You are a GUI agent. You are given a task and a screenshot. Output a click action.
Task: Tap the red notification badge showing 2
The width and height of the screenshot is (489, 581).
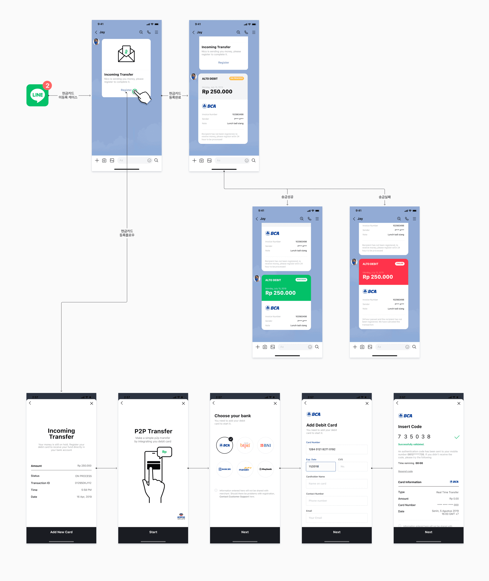(x=47, y=86)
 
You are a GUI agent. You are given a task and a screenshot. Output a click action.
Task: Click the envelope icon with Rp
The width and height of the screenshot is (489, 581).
(x=126, y=54)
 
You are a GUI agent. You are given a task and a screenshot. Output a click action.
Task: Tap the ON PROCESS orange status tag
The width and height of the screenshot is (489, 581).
(x=236, y=78)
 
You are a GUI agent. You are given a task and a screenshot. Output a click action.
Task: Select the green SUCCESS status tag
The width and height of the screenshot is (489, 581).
(x=301, y=280)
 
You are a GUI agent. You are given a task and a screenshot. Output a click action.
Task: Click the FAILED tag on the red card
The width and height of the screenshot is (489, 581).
(x=399, y=264)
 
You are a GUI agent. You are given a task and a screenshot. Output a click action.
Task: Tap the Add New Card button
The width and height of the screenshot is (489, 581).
(x=61, y=532)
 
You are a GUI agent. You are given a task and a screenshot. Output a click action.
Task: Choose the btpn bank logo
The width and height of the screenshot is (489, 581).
(x=245, y=445)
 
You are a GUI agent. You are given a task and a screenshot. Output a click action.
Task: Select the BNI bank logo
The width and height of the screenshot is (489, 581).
(x=265, y=445)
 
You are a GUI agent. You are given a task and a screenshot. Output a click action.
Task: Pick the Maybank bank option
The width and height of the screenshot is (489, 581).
(x=265, y=469)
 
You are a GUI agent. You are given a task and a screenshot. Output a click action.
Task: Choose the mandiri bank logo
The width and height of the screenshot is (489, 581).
(x=245, y=469)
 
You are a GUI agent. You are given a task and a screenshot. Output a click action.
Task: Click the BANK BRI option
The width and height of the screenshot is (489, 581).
(x=225, y=469)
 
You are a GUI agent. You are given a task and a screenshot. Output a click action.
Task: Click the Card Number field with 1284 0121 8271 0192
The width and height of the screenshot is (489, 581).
(x=337, y=449)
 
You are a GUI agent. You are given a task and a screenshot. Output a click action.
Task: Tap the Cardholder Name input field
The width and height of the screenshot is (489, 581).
(x=337, y=484)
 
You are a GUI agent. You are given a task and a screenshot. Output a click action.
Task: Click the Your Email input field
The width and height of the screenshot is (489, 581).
(x=337, y=518)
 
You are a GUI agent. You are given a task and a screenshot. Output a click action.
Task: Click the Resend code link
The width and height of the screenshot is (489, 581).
(x=405, y=471)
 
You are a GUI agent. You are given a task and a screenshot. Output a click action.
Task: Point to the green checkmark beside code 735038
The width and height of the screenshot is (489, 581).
(x=457, y=437)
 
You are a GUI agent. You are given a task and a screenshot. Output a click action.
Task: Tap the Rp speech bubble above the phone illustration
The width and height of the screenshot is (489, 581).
(x=164, y=452)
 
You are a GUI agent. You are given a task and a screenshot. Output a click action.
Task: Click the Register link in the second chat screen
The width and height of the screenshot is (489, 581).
(x=224, y=63)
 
